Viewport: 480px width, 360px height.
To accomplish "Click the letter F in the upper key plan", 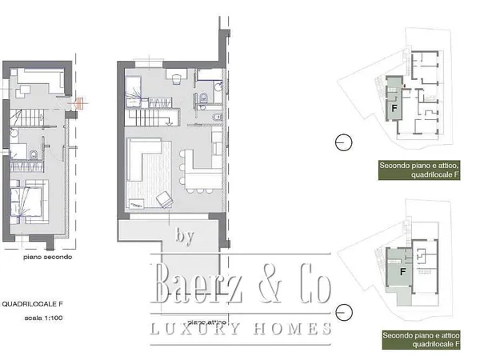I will pyautogui.click(x=394, y=106).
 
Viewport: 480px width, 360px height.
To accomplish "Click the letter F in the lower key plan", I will pyautogui.click(x=394, y=270).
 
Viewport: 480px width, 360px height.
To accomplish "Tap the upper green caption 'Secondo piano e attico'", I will pyautogui.click(x=420, y=165).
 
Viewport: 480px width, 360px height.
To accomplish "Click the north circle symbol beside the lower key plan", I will pyautogui.click(x=343, y=310).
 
